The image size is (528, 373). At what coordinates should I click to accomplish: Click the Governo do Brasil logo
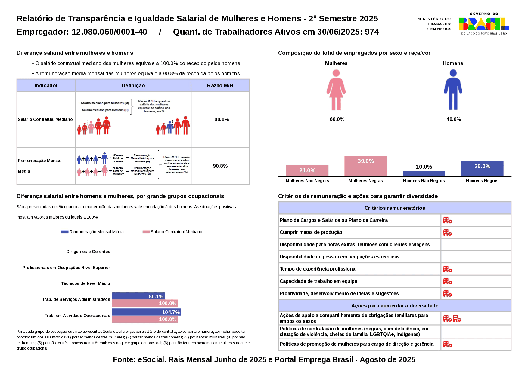(x=484, y=23)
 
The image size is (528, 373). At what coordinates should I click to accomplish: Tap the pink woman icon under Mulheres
(x=336, y=90)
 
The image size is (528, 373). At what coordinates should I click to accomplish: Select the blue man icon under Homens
(x=453, y=90)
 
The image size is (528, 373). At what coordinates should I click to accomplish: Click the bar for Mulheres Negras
(x=365, y=166)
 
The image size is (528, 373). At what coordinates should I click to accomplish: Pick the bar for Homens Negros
(x=482, y=169)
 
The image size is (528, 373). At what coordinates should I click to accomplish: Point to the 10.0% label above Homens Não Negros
(x=424, y=167)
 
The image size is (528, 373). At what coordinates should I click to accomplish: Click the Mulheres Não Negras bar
(x=307, y=170)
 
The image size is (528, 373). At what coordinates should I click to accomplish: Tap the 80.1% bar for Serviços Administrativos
(x=138, y=296)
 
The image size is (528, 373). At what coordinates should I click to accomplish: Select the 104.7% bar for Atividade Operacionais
(x=146, y=312)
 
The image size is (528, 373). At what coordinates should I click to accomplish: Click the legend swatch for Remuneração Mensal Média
(x=65, y=232)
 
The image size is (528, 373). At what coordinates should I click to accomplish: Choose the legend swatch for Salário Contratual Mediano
(x=146, y=232)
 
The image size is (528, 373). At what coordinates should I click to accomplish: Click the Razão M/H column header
(x=220, y=85)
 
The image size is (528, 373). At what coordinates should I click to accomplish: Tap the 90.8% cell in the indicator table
(x=220, y=166)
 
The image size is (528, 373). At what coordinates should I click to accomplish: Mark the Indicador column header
(x=46, y=85)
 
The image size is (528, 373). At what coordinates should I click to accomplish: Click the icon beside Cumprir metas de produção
(x=447, y=232)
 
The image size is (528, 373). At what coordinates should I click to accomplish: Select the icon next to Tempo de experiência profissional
(x=447, y=269)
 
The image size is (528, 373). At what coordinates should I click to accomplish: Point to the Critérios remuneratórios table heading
(x=395, y=208)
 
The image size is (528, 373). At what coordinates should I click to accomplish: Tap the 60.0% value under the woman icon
(x=337, y=119)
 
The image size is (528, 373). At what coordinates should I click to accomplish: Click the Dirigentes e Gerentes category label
(x=88, y=252)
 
